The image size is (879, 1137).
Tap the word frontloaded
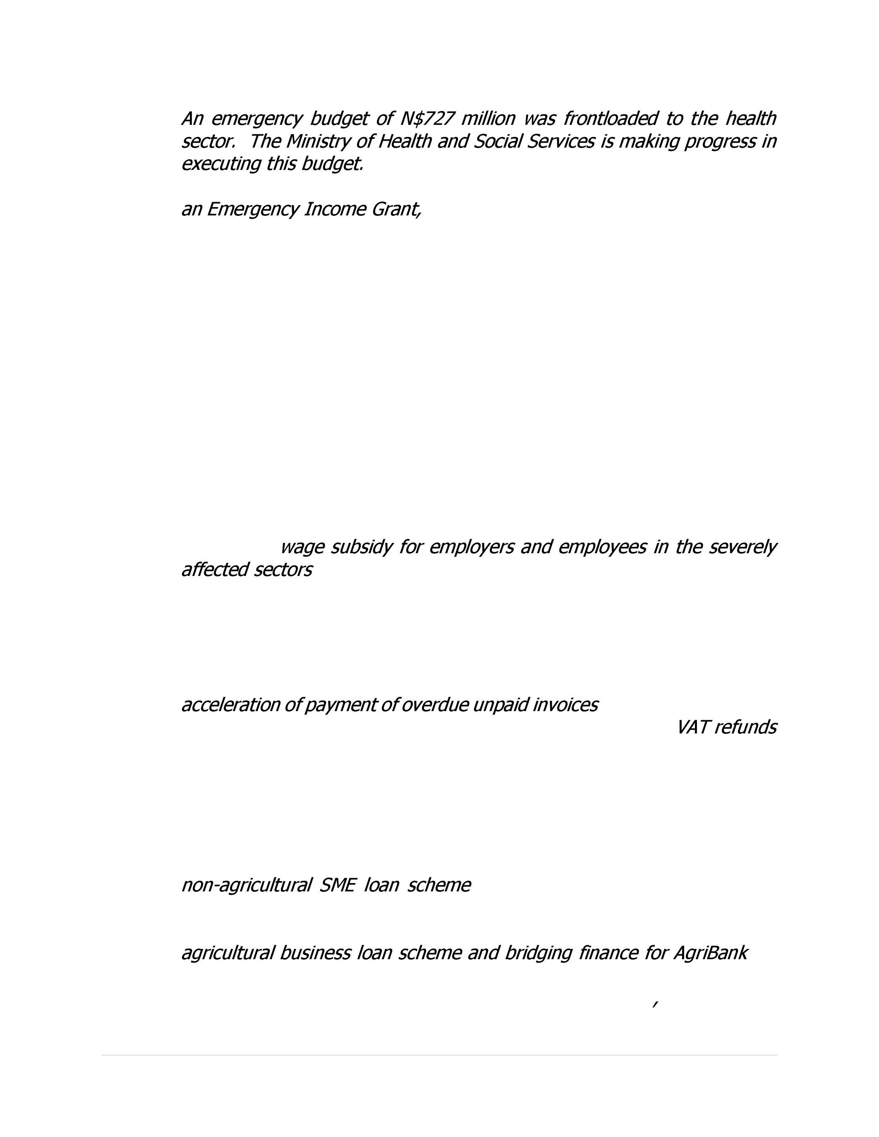pyautogui.click(x=610, y=119)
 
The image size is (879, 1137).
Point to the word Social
pyautogui.click(x=497, y=141)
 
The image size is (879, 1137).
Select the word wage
pyautogui.click(x=302, y=547)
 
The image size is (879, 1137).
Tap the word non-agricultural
pyautogui.click(x=246, y=885)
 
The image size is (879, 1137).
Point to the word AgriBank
pyautogui.click(x=710, y=953)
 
